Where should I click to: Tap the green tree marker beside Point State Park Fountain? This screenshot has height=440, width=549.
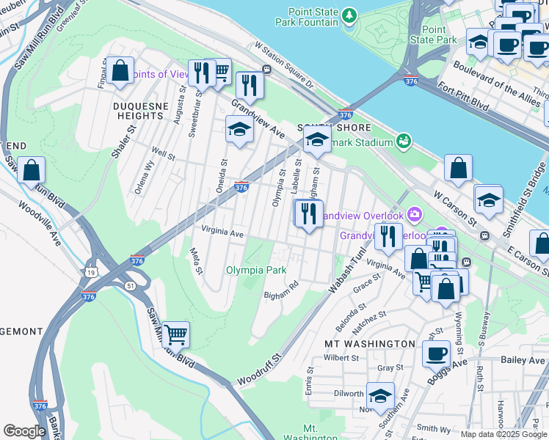351,14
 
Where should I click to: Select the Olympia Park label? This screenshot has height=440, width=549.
255,270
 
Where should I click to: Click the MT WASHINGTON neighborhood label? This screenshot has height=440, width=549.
369,343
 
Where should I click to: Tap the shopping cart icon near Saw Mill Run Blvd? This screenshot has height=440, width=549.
175,334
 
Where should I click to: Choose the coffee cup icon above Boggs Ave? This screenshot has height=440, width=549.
436,353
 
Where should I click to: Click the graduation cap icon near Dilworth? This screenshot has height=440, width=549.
379,396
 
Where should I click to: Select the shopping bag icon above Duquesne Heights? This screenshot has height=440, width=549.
120,70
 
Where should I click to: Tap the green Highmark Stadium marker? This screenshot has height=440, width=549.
402,140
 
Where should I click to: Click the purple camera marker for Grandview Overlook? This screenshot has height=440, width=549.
415,215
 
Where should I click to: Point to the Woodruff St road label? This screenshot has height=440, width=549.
258,370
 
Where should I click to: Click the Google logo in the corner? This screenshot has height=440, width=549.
24,431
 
